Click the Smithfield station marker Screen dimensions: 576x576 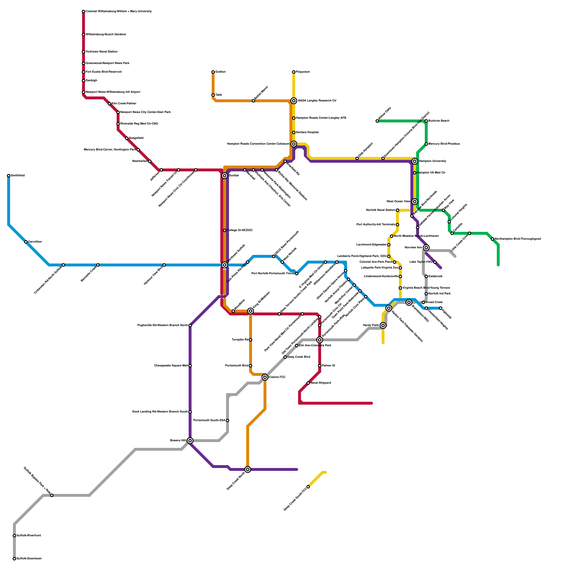[x=9, y=176]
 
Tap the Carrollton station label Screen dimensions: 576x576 [x=35, y=242]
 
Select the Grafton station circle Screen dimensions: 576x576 [x=213, y=72]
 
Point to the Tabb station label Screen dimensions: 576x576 [x=219, y=95]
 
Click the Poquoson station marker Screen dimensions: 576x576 [x=294, y=72]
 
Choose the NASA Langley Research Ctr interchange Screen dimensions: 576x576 [x=294, y=101]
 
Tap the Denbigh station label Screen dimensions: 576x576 [x=91, y=80]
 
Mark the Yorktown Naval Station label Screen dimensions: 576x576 [x=102, y=51]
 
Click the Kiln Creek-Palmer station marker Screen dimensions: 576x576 [x=109, y=104]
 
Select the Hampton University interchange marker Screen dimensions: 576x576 [x=415, y=161]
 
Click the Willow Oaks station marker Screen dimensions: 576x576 [x=377, y=121]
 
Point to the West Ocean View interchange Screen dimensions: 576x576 [x=415, y=202]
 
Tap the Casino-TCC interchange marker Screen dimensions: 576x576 [x=265, y=377]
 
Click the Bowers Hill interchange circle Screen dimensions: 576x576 [x=190, y=441]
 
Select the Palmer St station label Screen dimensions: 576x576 [x=328, y=365]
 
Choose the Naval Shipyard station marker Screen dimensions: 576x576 [x=308, y=383]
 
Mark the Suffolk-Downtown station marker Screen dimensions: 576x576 [x=14, y=559]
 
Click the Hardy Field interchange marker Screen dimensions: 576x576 [x=383, y=325]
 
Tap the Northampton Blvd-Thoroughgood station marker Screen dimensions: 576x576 [x=492, y=239]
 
